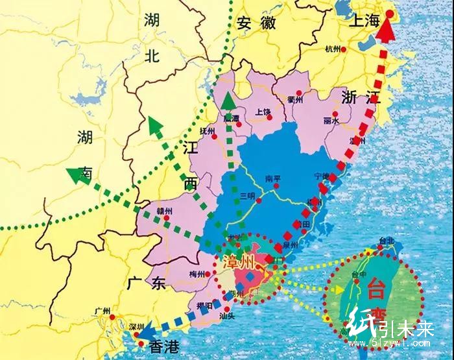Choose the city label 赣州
pos(165,211)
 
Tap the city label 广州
pos(103,310)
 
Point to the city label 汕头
pos(226,316)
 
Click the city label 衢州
pos(295,99)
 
